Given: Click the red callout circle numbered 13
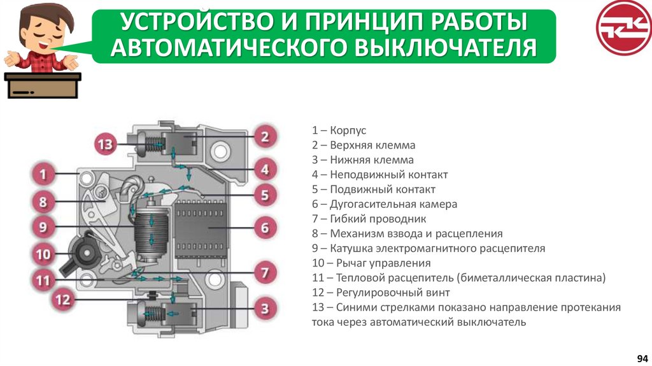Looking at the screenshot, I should point(106,145).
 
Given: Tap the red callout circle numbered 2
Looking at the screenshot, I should point(265,135).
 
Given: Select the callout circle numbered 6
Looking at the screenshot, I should point(265,227).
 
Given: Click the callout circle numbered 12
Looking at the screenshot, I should point(63,300).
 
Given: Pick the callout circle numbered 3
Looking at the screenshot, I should point(265,309).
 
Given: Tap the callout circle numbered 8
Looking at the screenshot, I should point(43,203).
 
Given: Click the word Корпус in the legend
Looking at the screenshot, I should point(348,131).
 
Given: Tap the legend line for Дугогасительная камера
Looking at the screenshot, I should point(385,205).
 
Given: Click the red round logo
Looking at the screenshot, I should point(621,28).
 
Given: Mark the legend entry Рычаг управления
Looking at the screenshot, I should point(371,263).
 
